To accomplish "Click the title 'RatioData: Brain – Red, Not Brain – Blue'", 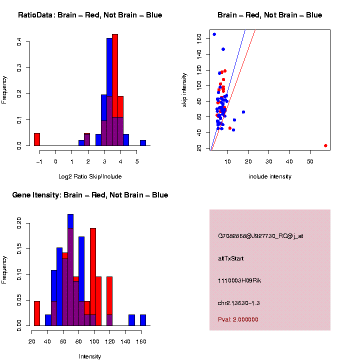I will point(90,15).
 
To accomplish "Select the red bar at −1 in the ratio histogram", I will point(37,139).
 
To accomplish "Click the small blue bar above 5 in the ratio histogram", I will point(143,143).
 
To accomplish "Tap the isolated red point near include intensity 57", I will point(325,145).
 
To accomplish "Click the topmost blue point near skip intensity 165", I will point(214,34).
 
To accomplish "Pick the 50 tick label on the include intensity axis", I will point(310,161).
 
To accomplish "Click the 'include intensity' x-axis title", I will point(270,176).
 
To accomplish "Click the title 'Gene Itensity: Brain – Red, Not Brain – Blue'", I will point(90,195).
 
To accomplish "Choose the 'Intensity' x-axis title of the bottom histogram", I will point(90,356).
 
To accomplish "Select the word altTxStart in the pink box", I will point(231,258).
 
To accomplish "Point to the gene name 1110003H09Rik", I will point(239,280).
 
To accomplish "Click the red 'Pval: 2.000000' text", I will point(238,319).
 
